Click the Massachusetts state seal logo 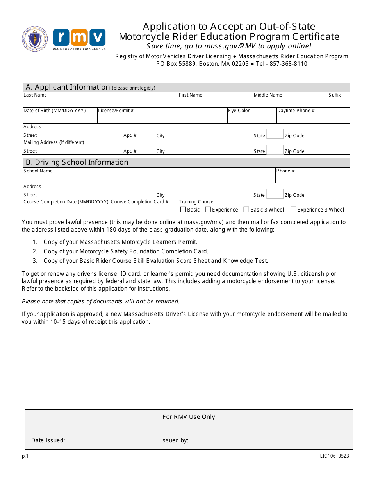35,38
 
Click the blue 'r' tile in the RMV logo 61,38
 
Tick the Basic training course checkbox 183,210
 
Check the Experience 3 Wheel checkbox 293,210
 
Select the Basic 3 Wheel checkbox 246,210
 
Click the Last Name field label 35,95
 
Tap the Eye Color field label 239,111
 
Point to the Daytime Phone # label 296,111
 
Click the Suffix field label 335,95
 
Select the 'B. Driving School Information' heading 77,162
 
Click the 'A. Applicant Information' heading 68,87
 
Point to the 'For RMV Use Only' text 189,417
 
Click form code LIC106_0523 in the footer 335,456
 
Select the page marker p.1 25,456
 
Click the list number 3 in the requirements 35,261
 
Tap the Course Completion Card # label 139,202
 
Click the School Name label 38,171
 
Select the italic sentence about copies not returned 101,302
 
